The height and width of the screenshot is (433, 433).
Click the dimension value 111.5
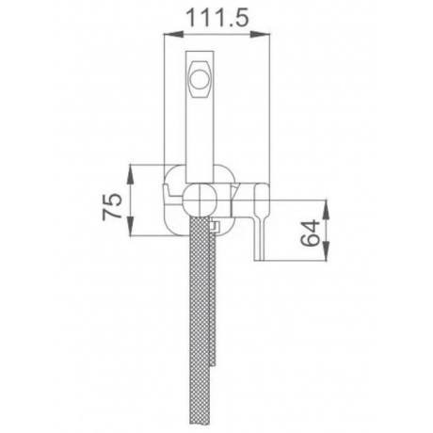(217, 18)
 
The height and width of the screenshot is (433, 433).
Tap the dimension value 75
(112, 205)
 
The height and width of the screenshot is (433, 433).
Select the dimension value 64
(310, 233)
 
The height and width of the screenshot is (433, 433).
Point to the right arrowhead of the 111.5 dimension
(261, 34)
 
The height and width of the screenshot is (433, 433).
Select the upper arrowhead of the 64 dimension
(326, 209)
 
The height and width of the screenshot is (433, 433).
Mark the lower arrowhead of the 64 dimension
(326, 251)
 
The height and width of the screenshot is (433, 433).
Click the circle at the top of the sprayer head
(200, 78)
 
